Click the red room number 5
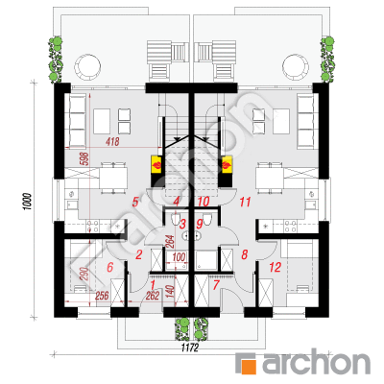click(135, 202)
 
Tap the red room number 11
click(245, 202)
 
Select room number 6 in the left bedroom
click(110, 267)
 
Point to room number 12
click(276, 267)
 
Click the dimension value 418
click(112, 141)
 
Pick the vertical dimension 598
click(85, 158)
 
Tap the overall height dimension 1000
click(28, 202)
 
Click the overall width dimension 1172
click(190, 348)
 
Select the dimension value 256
click(102, 296)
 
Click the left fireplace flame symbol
click(157, 165)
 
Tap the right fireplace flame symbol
click(227, 165)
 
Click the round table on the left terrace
click(87, 66)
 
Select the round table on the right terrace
click(296, 66)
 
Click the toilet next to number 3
click(176, 220)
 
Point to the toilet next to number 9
click(207, 220)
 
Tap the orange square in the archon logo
click(250, 367)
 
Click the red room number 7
click(216, 285)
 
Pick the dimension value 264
click(170, 242)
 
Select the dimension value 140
click(170, 290)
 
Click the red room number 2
click(138, 255)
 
